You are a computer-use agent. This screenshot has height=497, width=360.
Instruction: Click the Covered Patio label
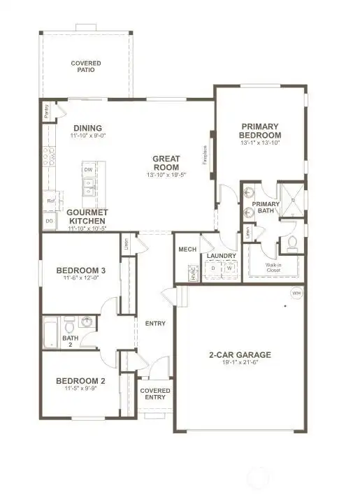pyautogui.click(x=86, y=66)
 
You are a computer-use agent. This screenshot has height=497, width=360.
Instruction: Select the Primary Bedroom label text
pyautogui.click(x=260, y=131)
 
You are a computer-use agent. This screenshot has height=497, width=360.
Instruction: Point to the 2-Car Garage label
pyautogui.click(x=240, y=354)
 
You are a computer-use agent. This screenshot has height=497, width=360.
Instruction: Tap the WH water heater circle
pyautogui.click(x=296, y=293)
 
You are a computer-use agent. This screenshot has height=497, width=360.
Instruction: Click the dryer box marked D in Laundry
pyautogui.click(x=213, y=268)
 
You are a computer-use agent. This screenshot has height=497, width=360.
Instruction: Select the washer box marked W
pyautogui.click(x=227, y=268)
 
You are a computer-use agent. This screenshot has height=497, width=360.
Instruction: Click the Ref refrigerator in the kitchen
pyautogui.click(x=50, y=200)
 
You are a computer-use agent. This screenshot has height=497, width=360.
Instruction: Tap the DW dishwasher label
pyautogui.click(x=88, y=170)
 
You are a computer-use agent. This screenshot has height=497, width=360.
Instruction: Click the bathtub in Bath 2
pyautogui.click(x=50, y=333)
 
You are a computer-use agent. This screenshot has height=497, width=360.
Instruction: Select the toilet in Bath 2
pyautogui.click(x=69, y=325)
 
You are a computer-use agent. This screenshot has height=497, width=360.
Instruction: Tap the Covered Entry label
pyautogui.click(x=154, y=394)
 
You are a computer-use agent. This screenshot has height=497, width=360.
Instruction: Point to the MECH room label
pyautogui.click(x=187, y=249)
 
